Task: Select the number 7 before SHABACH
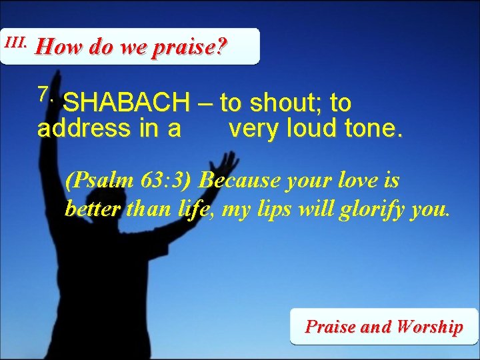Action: coord(45,95)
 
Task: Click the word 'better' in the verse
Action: coord(92,210)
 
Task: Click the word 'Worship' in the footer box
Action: coord(429,327)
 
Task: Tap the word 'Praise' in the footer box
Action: coord(331,327)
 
